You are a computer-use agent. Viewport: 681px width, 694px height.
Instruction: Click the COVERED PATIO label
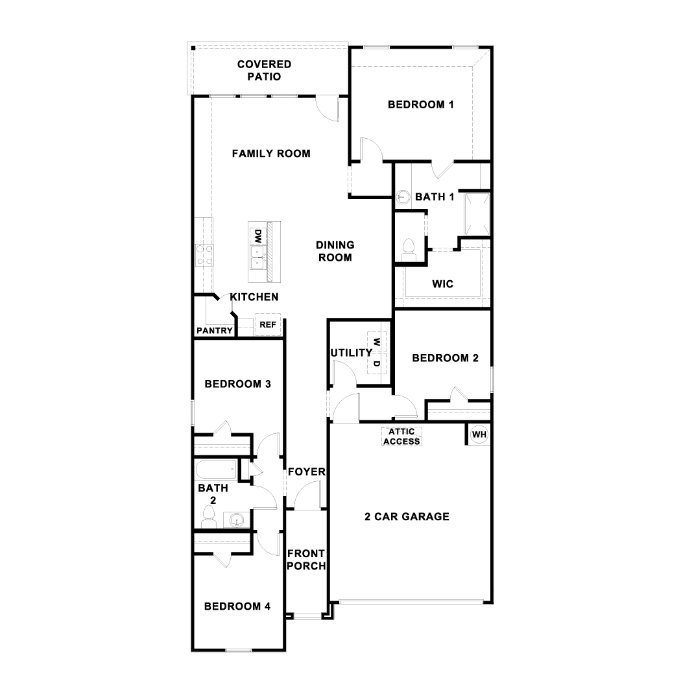(264, 70)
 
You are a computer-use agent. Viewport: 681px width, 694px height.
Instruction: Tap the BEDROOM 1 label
(420, 104)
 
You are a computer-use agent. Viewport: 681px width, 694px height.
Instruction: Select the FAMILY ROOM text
(271, 154)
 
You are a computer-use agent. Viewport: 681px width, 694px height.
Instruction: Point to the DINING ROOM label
(335, 251)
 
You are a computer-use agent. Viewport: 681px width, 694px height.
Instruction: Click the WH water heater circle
(479, 435)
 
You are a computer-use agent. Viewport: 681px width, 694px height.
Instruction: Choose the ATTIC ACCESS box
(401, 437)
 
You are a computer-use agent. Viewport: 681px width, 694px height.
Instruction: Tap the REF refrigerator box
(267, 325)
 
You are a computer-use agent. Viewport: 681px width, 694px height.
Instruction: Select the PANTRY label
(214, 331)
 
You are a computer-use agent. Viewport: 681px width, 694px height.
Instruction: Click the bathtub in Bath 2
(216, 468)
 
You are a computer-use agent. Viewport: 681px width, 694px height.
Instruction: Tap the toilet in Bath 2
(208, 514)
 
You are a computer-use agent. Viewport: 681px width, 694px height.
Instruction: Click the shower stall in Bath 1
(476, 213)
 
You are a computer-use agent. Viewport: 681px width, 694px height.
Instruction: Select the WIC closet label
(442, 284)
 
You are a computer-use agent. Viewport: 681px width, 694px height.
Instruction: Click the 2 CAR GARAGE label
(407, 517)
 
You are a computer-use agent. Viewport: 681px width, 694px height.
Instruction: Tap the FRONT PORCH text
(306, 559)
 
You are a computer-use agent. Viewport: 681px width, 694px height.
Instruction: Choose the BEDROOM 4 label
(237, 606)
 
